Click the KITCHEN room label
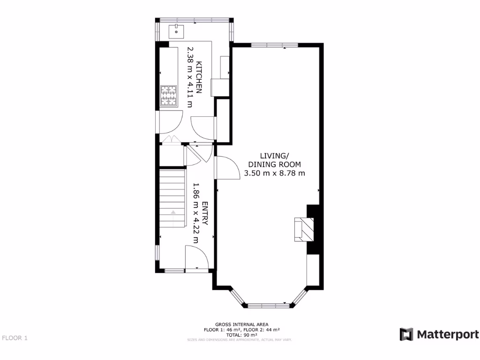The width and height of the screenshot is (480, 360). (199, 77)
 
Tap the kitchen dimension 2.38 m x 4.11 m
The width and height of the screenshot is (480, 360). (190, 77)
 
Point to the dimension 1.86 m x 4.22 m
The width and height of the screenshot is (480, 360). (195, 213)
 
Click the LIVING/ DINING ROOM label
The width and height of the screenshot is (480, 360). (274, 160)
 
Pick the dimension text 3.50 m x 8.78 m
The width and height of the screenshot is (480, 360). (275, 173)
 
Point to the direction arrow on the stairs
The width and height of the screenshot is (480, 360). (173, 212)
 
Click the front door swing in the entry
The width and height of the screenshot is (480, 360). (196, 258)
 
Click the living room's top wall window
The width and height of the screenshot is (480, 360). (274, 45)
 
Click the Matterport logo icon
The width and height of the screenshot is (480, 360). (406, 334)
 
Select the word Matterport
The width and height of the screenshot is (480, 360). (447, 335)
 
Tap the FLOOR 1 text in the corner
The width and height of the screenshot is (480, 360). (15, 337)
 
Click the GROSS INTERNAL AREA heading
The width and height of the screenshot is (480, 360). (241, 324)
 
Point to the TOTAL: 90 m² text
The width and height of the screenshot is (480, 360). (241, 335)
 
